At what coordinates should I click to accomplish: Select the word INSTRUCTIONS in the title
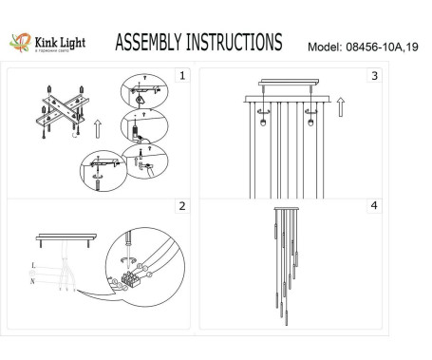click(235, 43)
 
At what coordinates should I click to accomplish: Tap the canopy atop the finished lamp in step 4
click(287, 211)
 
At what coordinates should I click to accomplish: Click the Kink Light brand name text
click(62, 41)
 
